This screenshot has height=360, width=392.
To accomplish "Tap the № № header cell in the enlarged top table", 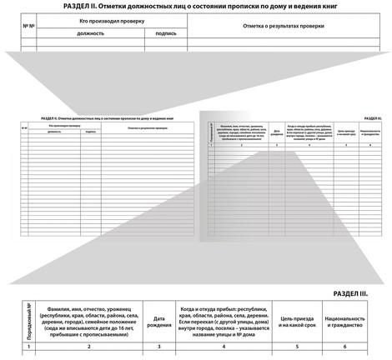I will pyautogui.click(x=28, y=26).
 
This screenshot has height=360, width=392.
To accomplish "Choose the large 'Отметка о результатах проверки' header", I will pyautogui.click(x=283, y=26).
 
